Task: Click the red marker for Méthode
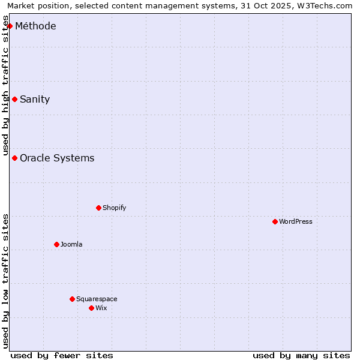tap(10, 26)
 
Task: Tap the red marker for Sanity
tap(14, 99)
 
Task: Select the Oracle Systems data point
tap(14, 158)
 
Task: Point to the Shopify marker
tap(98, 208)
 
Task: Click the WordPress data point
tap(275, 221)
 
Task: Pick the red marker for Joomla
tap(56, 244)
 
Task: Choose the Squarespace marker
tap(72, 299)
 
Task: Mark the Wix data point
tap(91, 308)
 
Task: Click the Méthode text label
tap(35, 26)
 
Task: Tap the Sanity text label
tap(35, 100)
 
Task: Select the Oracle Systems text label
tap(57, 158)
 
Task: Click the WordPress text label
tap(296, 221)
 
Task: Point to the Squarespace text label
tap(97, 299)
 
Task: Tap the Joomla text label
tap(71, 244)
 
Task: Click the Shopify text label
tap(114, 208)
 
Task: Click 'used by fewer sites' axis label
tap(62, 355)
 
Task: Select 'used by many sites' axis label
tap(301, 355)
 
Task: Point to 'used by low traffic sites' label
tap(6, 281)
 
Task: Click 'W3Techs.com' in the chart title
tap(325, 5)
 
